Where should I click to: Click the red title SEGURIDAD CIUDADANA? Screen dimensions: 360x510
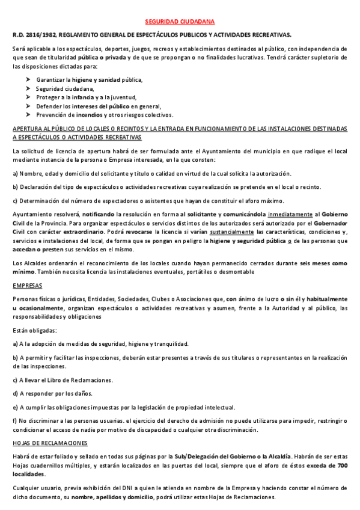[180, 20]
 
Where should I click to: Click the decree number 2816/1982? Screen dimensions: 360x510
[40, 35]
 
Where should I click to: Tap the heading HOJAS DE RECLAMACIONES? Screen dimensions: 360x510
[50, 443]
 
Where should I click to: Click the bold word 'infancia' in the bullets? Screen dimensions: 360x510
[90, 97]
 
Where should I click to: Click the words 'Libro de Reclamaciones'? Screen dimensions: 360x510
[83, 379]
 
